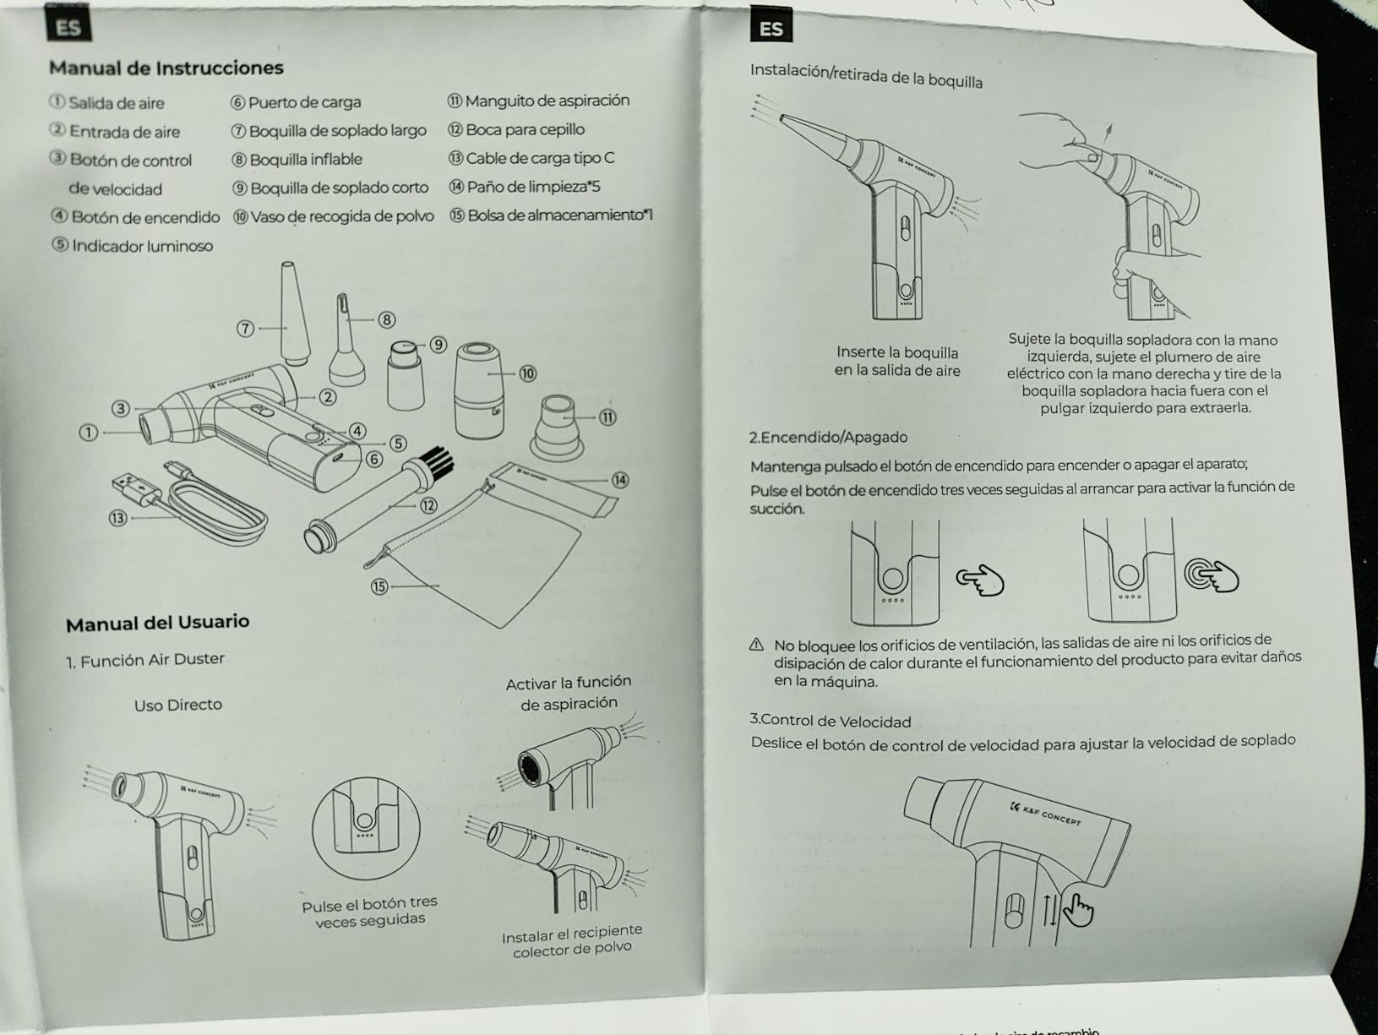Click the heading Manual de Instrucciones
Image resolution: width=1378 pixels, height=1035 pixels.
tap(166, 68)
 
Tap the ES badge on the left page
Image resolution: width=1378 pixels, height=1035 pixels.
tap(68, 27)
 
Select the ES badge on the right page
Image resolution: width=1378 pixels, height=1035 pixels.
tap(770, 29)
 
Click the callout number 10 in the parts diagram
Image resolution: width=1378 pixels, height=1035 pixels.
tap(528, 373)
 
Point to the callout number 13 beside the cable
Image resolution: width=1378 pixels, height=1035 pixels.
tap(117, 518)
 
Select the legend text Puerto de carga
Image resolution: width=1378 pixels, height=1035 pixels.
tap(304, 102)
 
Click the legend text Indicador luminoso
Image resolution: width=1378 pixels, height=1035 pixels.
tap(142, 246)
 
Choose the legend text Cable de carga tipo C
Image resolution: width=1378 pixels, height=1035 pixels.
tap(540, 158)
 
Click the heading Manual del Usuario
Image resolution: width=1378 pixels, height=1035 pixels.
tap(157, 624)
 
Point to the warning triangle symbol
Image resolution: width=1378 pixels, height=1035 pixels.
tap(757, 645)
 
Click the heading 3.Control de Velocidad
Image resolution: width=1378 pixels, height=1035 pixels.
tap(830, 721)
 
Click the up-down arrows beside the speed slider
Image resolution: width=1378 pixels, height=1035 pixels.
tap(1048, 909)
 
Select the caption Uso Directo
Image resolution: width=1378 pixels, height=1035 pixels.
tap(177, 705)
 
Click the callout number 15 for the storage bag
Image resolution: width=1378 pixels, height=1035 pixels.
tap(379, 586)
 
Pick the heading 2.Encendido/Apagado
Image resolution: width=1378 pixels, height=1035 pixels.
tap(828, 437)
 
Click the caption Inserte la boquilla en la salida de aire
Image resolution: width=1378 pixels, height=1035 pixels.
tap(897, 361)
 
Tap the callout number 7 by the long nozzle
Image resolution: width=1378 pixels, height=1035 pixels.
tap(245, 329)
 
